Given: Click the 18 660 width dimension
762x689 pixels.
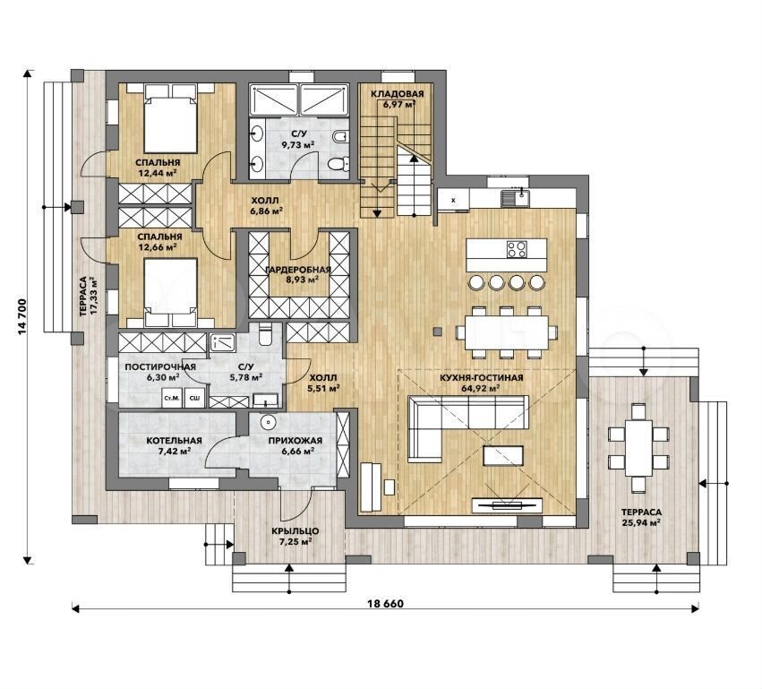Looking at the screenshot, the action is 386,604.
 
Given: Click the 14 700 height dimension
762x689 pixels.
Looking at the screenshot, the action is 21,317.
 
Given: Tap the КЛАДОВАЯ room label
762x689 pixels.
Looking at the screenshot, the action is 397,94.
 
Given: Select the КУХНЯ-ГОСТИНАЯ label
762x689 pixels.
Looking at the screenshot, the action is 481,378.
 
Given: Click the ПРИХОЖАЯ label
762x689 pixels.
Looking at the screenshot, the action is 295,441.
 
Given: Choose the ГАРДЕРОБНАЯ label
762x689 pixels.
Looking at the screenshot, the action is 298,270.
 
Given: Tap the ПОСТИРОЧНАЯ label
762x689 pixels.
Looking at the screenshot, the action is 160,367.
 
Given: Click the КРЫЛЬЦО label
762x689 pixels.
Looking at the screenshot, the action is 295,531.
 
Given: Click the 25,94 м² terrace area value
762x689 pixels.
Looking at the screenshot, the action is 641,522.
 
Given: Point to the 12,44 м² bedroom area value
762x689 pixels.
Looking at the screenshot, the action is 157,173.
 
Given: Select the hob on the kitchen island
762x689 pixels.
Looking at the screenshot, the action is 517,249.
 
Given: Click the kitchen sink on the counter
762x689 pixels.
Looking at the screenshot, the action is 516,197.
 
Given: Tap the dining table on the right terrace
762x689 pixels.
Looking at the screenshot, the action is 638,447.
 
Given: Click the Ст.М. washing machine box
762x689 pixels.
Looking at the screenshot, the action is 172,399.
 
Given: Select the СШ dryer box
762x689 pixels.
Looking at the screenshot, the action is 195,399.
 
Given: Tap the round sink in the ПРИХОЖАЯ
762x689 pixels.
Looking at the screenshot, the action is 268,423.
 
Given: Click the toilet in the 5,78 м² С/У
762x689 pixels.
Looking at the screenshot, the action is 265,334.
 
